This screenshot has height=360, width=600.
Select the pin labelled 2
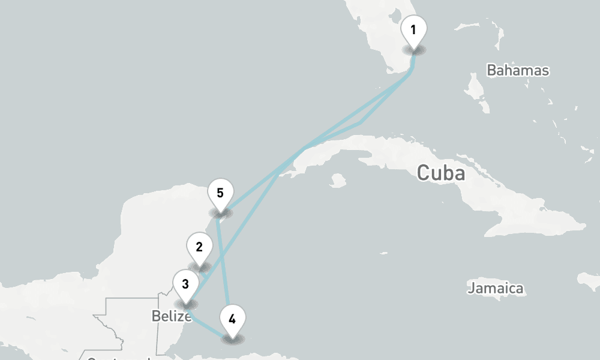199,248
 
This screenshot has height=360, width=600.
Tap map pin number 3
185,284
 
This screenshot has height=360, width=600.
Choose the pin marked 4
232,320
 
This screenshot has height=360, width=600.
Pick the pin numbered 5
220,194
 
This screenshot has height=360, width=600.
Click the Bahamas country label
517,70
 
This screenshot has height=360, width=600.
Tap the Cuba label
441,173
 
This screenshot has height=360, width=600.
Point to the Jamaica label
495,289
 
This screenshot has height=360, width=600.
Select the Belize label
171,316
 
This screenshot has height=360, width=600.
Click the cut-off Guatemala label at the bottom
117,358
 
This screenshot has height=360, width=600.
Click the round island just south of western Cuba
338,180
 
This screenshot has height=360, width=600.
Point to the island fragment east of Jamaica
589,280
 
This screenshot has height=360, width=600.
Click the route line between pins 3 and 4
207,326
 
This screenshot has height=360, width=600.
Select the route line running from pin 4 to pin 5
226,264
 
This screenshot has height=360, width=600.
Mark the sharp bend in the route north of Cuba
361,123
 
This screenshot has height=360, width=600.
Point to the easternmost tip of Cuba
586,226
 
